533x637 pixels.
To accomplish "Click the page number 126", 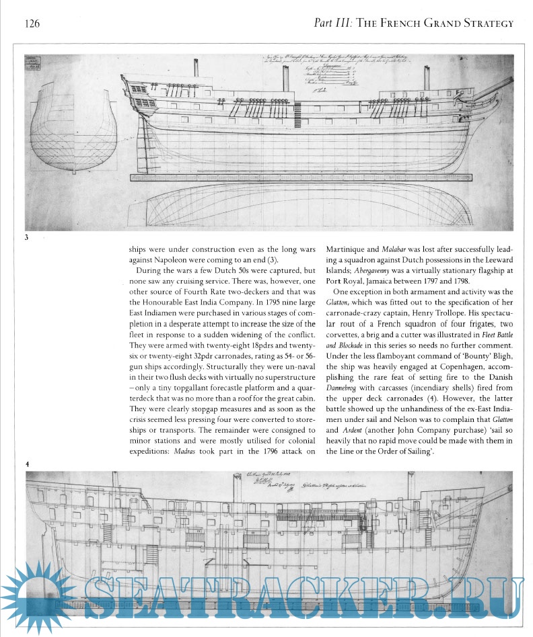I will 31,24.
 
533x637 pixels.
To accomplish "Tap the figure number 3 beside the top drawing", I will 27,237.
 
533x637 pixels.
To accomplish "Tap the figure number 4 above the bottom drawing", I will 27,464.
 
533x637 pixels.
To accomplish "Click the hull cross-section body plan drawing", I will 76,128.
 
